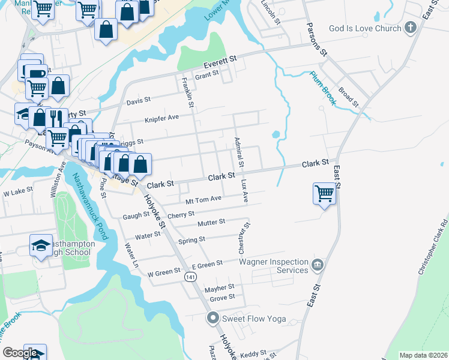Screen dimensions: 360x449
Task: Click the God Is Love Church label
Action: point(365,28)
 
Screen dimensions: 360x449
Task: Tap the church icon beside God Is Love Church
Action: point(411,28)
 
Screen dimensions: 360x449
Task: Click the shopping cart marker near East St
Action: point(324,194)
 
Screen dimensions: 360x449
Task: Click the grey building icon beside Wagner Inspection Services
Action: point(318,264)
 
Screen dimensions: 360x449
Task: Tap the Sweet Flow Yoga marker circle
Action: point(212,318)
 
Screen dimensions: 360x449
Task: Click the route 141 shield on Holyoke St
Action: point(190,277)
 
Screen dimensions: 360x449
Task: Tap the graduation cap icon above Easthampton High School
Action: point(41,245)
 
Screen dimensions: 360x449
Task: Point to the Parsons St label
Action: point(316,40)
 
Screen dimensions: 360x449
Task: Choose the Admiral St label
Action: point(239,152)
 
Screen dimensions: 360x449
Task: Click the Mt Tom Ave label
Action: point(203,200)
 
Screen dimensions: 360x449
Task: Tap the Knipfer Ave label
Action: point(161,118)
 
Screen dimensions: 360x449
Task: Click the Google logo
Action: point(20,353)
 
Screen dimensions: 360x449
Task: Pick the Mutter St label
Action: point(211,223)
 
